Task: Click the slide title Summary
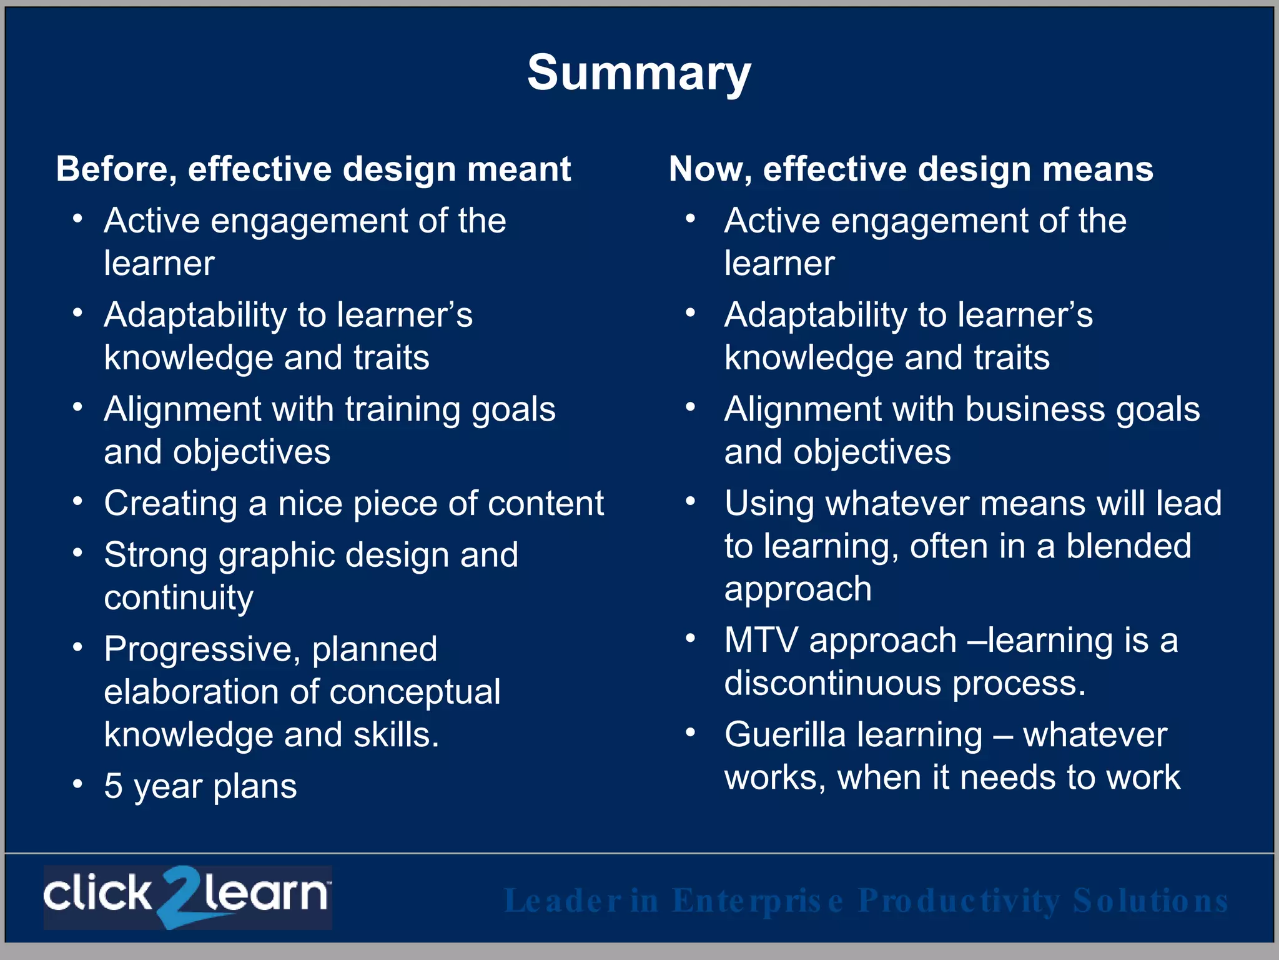pos(639,74)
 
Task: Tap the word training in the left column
pos(402,410)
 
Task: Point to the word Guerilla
pos(787,734)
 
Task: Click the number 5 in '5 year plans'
pos(113,786)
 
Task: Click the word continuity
pos(179,599)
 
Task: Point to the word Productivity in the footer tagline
pos(959,901)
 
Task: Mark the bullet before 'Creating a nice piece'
pos(77,501)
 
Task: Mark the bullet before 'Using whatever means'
pos(690,501)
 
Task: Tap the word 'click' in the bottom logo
pos(97,894)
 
